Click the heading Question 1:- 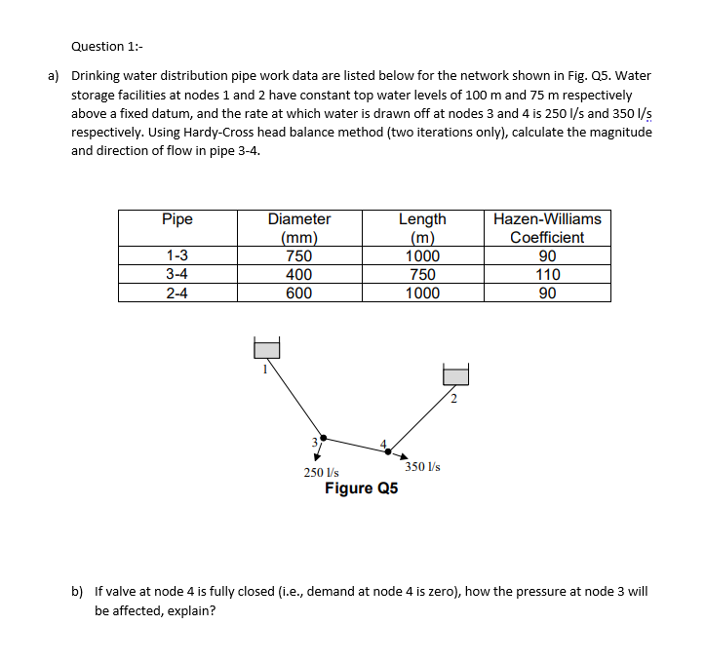(108, 46)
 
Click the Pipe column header (177, 219)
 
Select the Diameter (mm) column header (299, 228)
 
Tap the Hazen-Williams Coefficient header (547, 228)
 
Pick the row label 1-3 (177, 256)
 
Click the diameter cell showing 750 (299, 256)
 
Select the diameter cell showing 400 (299, 275)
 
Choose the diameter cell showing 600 (299, 293)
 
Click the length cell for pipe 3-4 (422, 275)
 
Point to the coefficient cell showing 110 (547, 275)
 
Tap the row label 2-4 (177, 293)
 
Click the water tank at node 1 (267, 348)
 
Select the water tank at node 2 (455, 375)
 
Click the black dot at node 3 (325, 438)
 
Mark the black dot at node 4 (393, 449)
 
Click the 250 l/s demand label (321, 472)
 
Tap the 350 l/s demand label (423, 467)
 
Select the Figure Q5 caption (361, 488)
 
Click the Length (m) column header (422, 228)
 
